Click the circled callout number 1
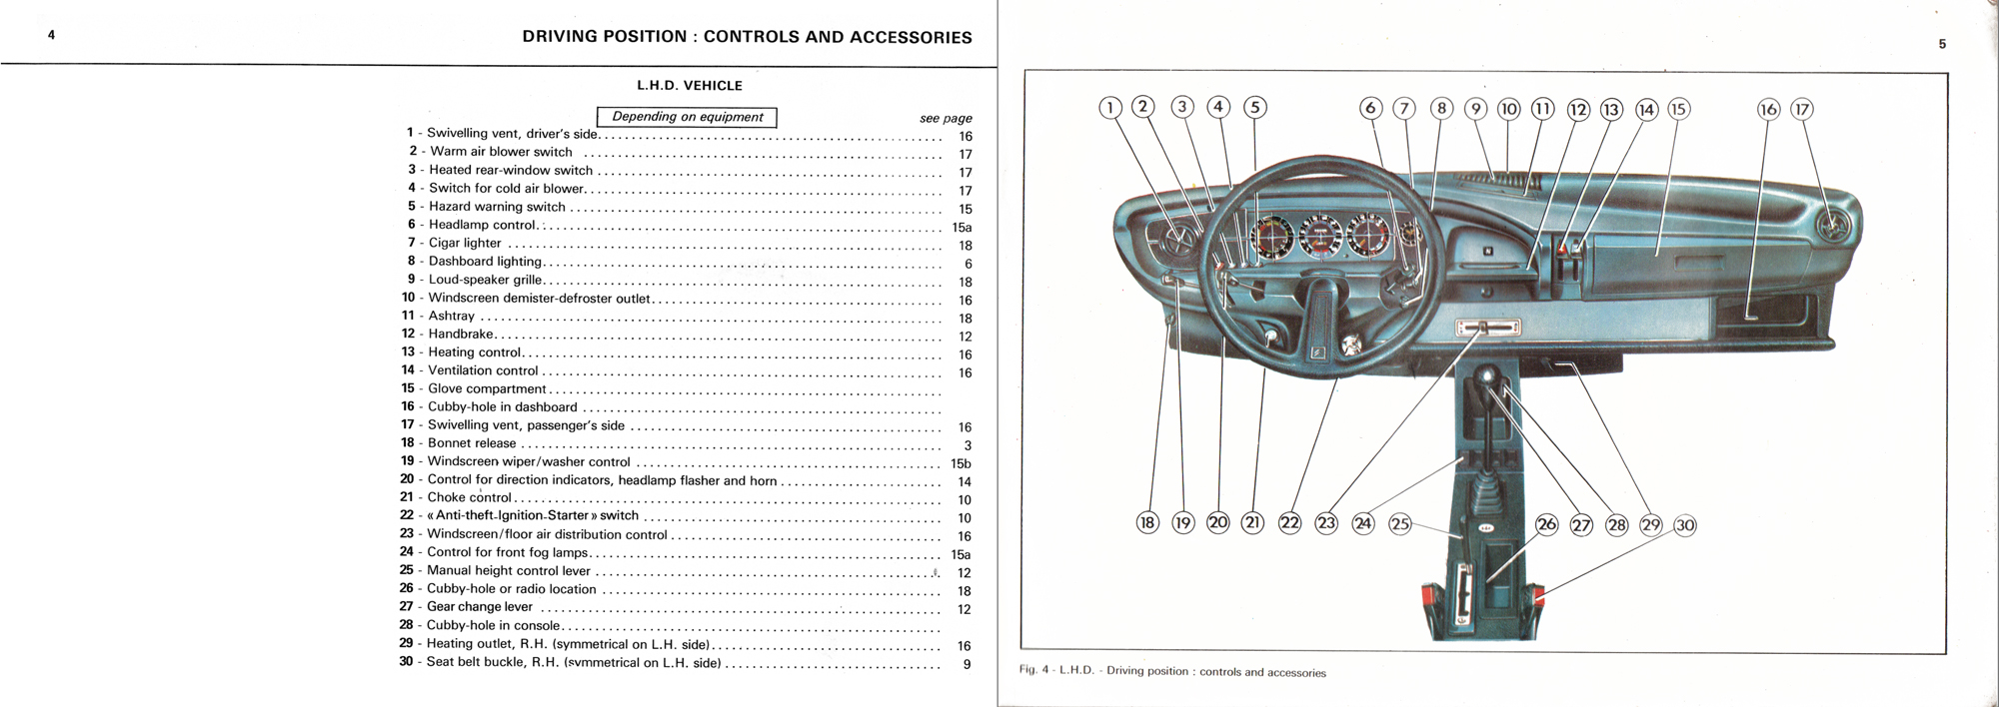coord(1110,108)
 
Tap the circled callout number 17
coord(1801,109)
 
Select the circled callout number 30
coord(1685,525)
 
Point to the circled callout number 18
coord(1147,522)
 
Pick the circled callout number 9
coord(1475,109)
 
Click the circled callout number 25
coord(1400,523)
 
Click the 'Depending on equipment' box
coord(687,117)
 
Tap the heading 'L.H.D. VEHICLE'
coord(690,86)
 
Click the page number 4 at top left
coord(51,35)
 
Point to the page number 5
coord(1942,44)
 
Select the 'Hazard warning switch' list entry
coord(497,207)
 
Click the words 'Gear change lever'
coord(480,607)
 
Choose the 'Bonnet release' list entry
coord(472,443)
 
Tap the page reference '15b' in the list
coord(961,463)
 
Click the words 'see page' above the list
coord(946,118)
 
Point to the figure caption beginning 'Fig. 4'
coord(1172,671)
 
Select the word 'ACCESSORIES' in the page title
coord(910,37)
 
